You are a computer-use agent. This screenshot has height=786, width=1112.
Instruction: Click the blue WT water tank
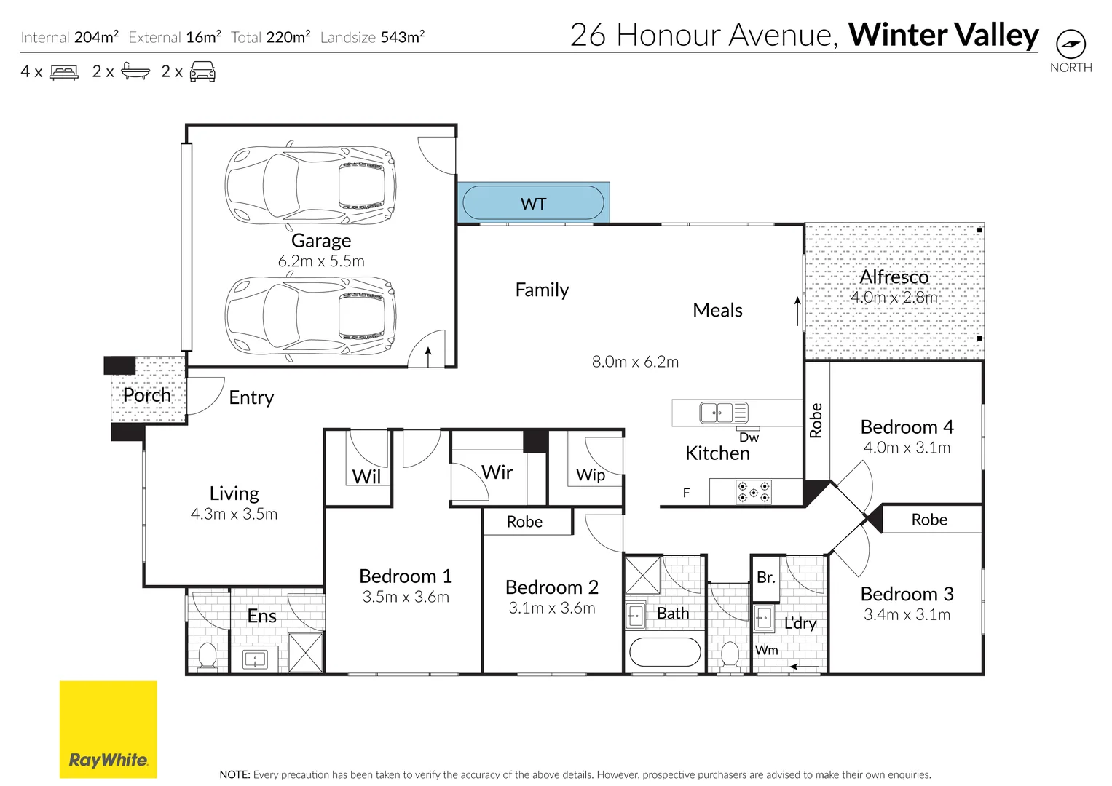(533, 203)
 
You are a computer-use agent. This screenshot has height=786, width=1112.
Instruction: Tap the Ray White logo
(108, 729)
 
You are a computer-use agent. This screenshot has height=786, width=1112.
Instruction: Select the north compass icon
(1070, 44)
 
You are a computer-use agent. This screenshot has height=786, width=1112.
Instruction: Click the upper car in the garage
(311, 185)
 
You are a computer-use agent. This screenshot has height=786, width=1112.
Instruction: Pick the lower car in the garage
(311, 318)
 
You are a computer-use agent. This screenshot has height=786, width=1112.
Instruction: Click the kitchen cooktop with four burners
(753, 492)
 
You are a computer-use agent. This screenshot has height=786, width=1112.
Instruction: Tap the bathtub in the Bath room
(664, 652)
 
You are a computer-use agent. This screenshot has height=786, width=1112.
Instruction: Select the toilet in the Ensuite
(208, 656)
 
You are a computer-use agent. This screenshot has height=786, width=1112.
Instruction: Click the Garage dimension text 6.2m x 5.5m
(321, 261)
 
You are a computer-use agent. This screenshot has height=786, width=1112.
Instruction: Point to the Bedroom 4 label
(907, 426)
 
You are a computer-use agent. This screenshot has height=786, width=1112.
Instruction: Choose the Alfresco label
(894, 277)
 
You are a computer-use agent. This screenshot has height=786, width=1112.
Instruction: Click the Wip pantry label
(591, 475)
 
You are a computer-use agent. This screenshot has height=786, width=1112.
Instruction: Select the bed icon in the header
(64, 72)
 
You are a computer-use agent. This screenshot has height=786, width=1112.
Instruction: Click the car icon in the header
(202, 72)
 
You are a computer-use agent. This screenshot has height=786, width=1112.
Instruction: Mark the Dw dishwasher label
(749, 437)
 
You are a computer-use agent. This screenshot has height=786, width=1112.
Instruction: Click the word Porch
(147, 395)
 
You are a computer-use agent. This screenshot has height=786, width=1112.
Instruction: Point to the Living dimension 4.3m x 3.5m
(234, 514)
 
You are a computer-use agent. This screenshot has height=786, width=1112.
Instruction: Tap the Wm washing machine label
(766, 650)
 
